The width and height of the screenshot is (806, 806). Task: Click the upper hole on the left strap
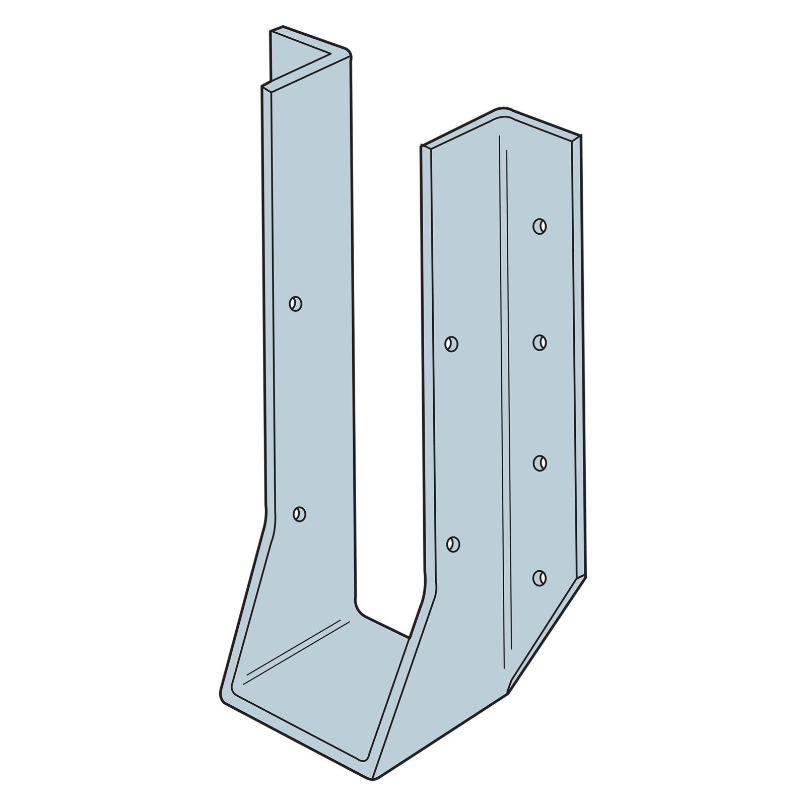(296, 304)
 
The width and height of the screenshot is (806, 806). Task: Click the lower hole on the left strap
(299, 514)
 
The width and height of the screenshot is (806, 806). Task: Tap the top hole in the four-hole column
(540, 226)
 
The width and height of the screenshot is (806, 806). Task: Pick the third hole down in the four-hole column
(540, 462)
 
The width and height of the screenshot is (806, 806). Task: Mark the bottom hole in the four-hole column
(540, 577)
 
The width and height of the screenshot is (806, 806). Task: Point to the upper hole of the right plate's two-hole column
(451, 344)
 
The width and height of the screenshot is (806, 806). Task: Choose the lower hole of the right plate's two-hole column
(453, 544)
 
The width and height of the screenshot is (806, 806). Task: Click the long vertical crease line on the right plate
(506, 403)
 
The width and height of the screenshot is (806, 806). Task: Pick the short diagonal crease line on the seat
(297, 650)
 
